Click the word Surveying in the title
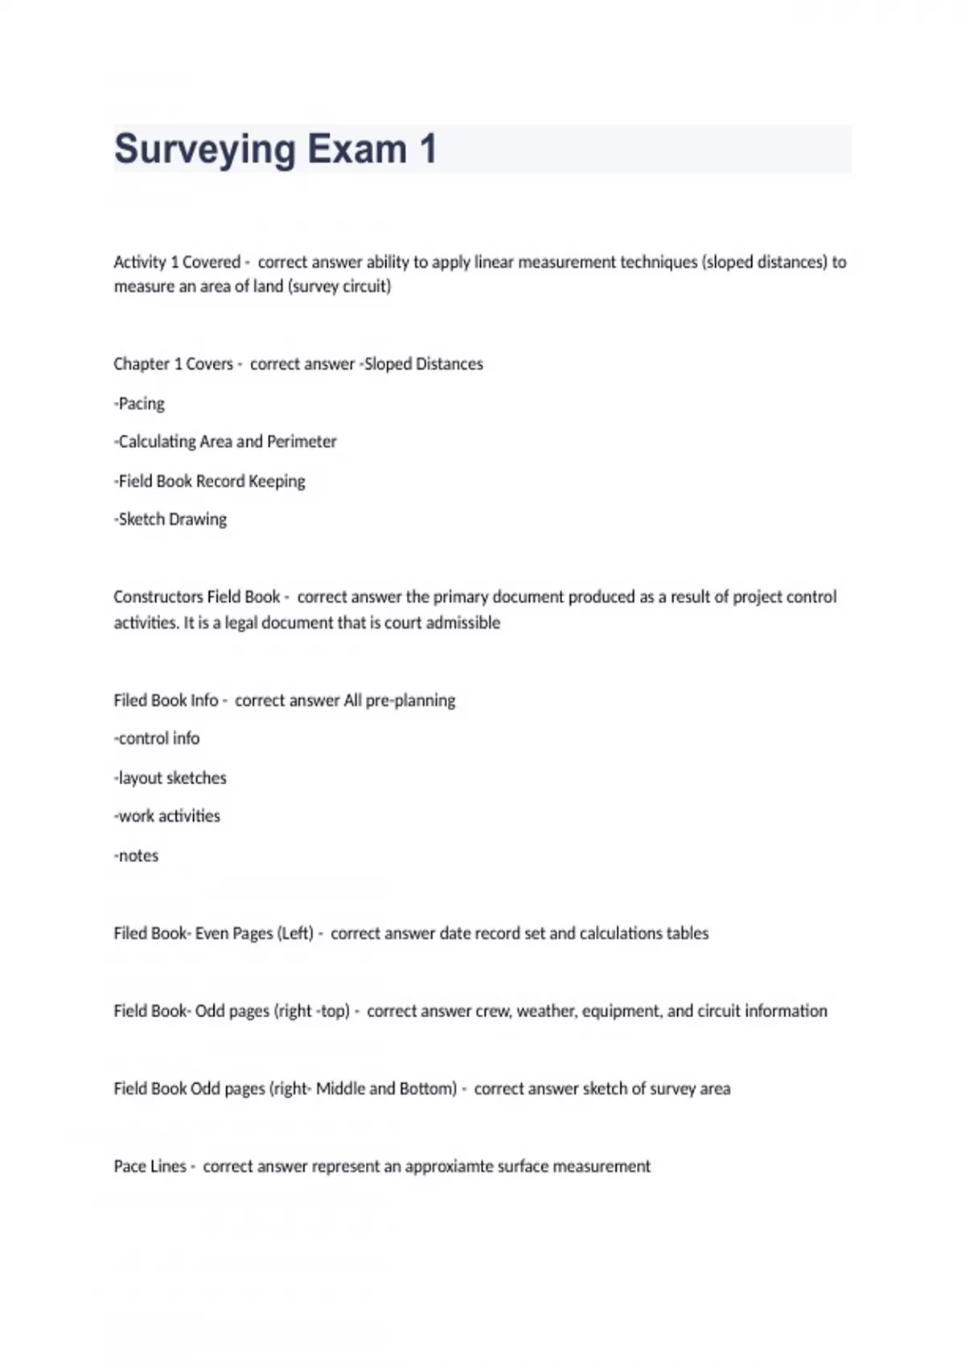205,150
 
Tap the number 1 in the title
427,150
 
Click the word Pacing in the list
142,403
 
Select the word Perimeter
302,441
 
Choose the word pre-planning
410,700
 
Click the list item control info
158,738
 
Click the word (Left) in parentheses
295,934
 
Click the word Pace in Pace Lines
130,1167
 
